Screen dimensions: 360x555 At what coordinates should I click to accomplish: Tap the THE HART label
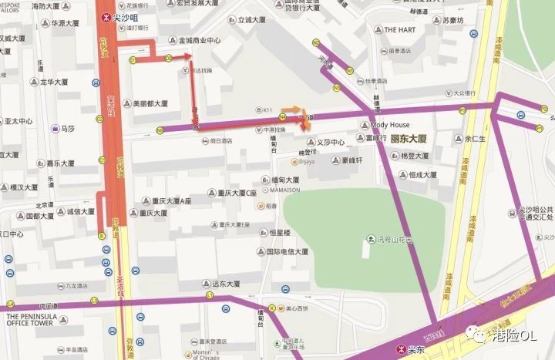click(x=399, y=30)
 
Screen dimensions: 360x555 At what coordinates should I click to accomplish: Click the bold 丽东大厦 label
click(x=410, y=140)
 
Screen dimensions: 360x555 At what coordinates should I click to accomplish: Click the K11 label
click(x=268, y=110)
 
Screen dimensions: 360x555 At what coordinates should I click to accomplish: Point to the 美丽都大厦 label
click(x=150, y=103)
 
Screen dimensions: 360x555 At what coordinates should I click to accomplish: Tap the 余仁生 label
click(x=473, y=140)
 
